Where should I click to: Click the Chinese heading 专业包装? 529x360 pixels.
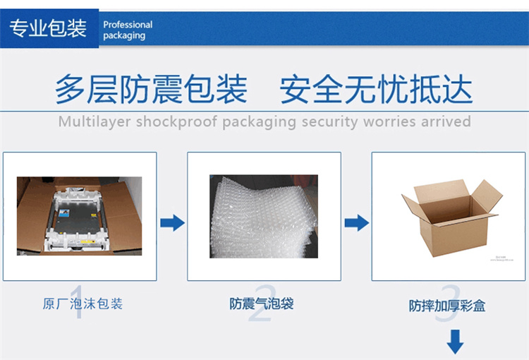point(48,28)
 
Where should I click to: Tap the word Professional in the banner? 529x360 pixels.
point(128,25)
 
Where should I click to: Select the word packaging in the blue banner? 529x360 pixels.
point(124,36)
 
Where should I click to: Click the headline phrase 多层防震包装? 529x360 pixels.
point(151,89)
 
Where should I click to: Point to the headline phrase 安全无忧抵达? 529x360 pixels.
point(376,89)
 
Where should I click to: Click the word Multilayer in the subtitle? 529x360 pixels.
point(94,121)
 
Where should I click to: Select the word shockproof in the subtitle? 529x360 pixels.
point(176,121)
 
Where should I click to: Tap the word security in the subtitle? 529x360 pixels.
point(329,121)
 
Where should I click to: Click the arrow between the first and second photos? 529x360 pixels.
point(172,223)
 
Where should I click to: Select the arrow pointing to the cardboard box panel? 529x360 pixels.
point(357,223)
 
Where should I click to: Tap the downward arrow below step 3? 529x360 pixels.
point(455,342)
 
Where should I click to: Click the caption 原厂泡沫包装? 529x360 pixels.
point(83,304)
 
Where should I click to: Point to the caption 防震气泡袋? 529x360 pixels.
point(262,304)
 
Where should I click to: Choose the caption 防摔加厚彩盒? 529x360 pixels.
point(447,306)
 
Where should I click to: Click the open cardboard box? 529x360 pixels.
point(451,218)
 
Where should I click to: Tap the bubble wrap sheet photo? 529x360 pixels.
point(264,217)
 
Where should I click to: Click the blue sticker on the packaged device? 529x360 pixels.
point(64,213)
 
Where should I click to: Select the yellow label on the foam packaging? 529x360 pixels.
point(87,242)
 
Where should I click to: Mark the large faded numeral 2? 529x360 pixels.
point(262,303)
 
